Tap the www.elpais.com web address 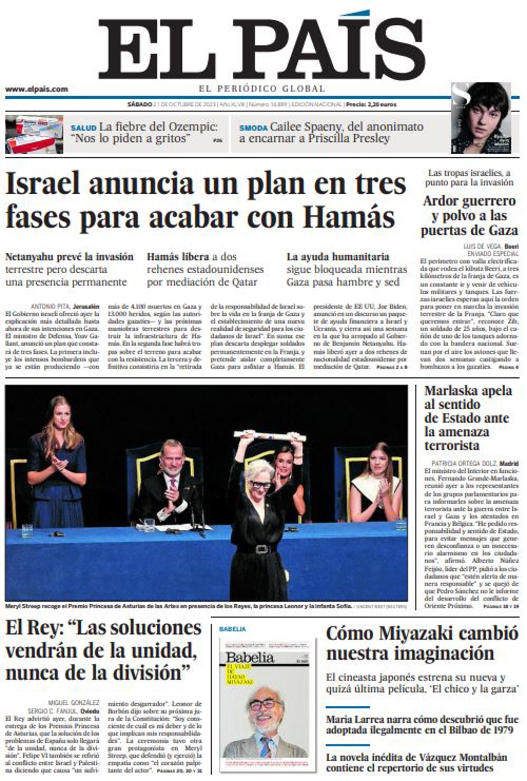click(36, 89)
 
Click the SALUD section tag click(83, 128)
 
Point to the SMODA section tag click(253, 128)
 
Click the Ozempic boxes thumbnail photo click(34, 134)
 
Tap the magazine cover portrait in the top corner click(481, 118)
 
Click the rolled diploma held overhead click(270, 435)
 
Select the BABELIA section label click(232, 629)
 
